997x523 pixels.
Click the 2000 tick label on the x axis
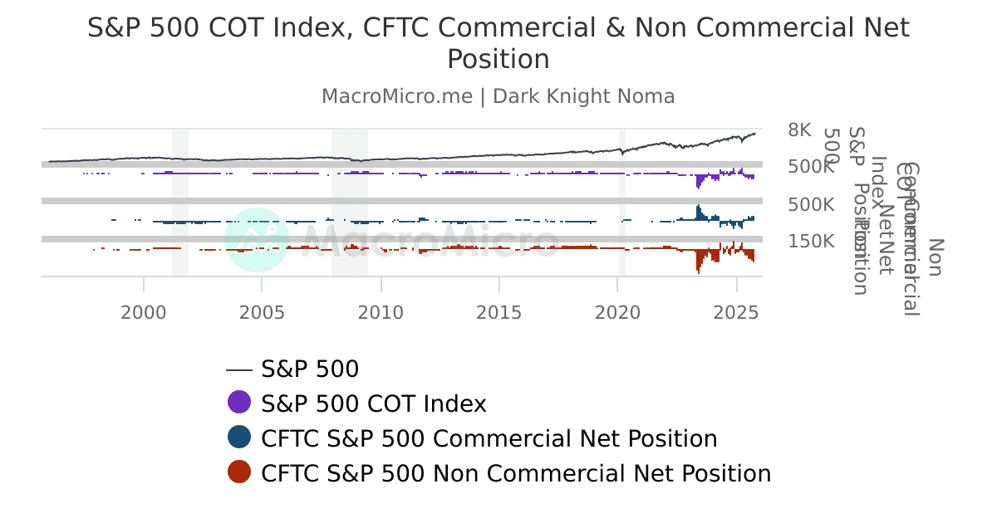point(144,312)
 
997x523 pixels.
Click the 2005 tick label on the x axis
point(262,312)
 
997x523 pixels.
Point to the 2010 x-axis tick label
point(381,312)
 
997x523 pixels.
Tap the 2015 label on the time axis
point(499,312)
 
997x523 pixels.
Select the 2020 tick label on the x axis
point(618,312)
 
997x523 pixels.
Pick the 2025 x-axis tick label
point(736,312)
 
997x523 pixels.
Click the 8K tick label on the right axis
point(799,130)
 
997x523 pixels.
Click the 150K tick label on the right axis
point(811,242)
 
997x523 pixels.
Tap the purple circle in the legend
point(239,403)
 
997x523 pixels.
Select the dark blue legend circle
point(239,437)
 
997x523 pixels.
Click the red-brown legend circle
point(239,472)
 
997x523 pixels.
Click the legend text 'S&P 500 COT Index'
point(373,403)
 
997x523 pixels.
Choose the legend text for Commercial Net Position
point(489,438)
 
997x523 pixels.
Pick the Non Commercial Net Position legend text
point(515,473)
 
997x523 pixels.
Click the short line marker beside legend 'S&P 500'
point(239,369)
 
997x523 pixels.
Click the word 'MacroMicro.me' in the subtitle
point(397,96)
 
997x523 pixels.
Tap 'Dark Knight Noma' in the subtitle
point(583,96)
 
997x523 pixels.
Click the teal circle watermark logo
point(257,239)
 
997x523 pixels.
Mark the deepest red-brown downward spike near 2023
point(698,269)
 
